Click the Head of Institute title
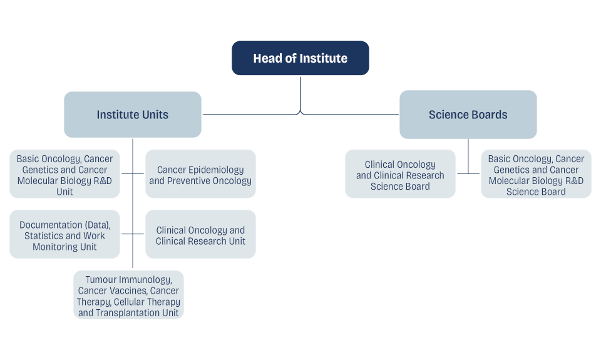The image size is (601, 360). [x=300, y=59]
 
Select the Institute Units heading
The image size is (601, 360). [x=132, y=115]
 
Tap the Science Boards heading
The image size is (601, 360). [x=468, y=115]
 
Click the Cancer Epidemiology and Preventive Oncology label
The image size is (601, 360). [x=200, y=175]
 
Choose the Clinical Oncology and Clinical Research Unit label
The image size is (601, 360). [x=200, y=236]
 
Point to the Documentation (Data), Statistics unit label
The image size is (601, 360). [x=64, y=236]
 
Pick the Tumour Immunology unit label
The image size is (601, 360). [x=128, y=296]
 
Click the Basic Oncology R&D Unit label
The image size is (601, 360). [x=64, y=175]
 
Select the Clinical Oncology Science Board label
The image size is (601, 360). [x=400, y=175]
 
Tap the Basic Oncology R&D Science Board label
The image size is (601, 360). [x=536, y=175]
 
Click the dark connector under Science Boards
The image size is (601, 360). [x=469, y=163]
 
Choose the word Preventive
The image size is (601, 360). [x=188, y=181]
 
